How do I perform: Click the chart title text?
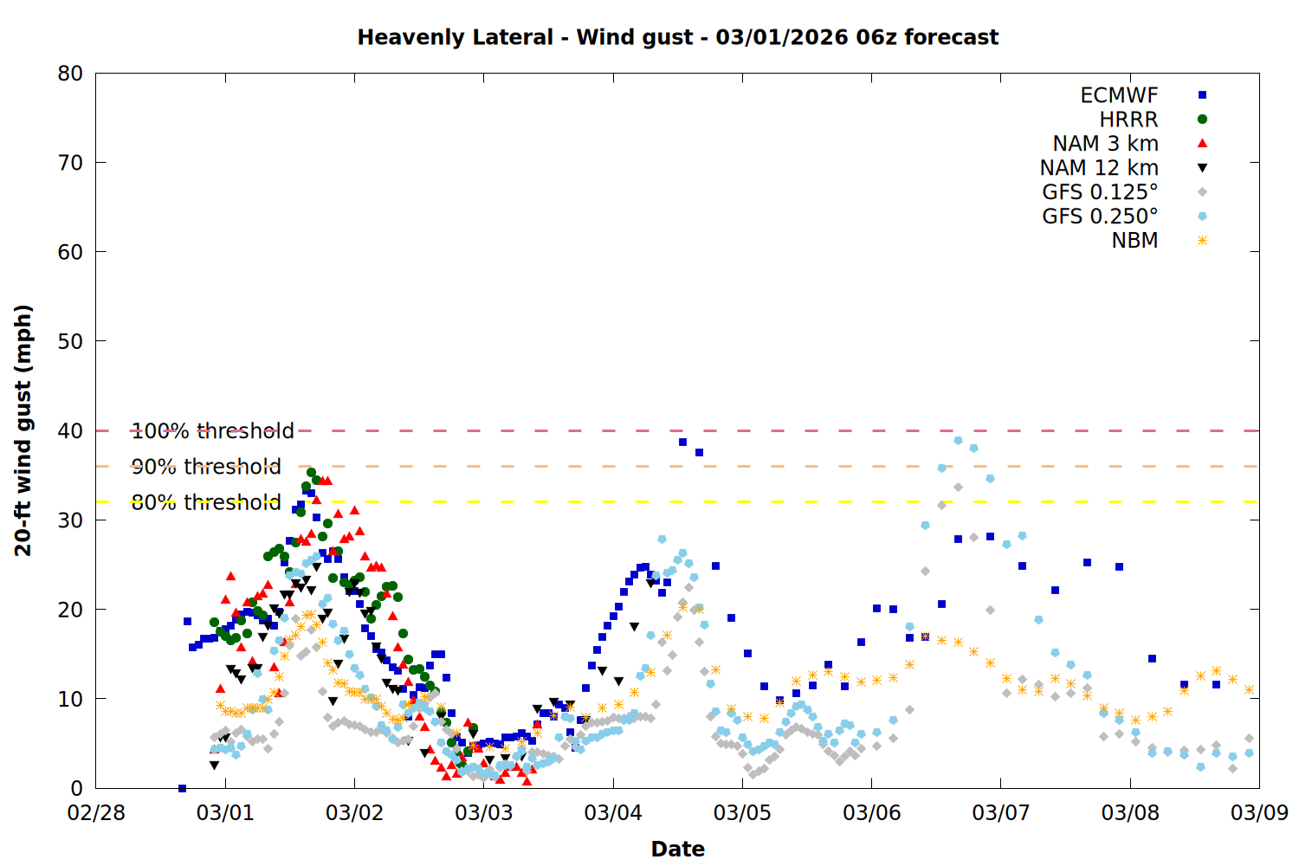677,37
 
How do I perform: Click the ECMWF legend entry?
1119,95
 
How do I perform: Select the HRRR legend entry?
1128,120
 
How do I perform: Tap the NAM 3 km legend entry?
1105,144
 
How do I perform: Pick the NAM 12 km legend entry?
1099,168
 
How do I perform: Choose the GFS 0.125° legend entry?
1100,192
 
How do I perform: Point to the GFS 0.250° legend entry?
1100,216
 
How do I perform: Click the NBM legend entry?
1134,241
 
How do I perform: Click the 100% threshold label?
212,431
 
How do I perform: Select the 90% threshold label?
206,467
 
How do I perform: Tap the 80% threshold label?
206,502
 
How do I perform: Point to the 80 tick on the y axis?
71,74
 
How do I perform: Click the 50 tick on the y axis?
71,341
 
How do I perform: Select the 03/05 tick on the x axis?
742,813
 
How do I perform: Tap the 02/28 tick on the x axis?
96,813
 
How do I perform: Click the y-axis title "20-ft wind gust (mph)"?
23,430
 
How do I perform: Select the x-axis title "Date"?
677,849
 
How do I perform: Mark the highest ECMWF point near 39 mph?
682,443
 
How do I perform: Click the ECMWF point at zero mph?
182,788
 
